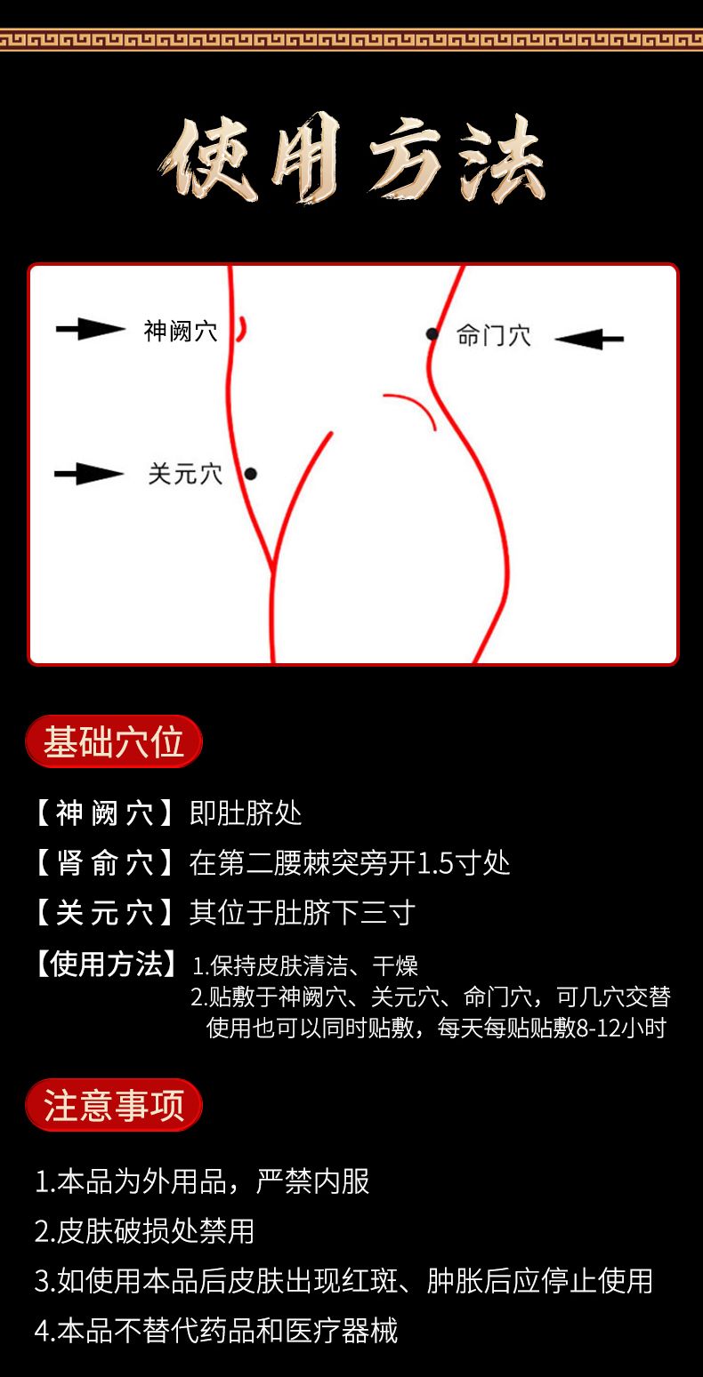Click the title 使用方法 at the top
(352, 158)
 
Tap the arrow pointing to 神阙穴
(91, 329)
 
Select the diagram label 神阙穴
(181, 332)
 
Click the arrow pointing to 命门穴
(589, 338)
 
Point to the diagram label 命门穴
(493, 336)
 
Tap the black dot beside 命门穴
(432, 333)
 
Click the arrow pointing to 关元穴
(89, 473)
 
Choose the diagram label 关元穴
(185, 474)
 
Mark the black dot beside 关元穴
(251, 473)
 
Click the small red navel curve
(244, 329)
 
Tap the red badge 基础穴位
(114, 741)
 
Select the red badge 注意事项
(114, 1105)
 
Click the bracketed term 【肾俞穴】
(104, 862)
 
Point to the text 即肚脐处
(246, 813)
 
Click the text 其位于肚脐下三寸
(303, 912)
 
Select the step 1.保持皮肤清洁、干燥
(305, 965)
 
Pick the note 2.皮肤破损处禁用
(144, 1230)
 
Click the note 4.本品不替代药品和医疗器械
(216, 1330)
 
